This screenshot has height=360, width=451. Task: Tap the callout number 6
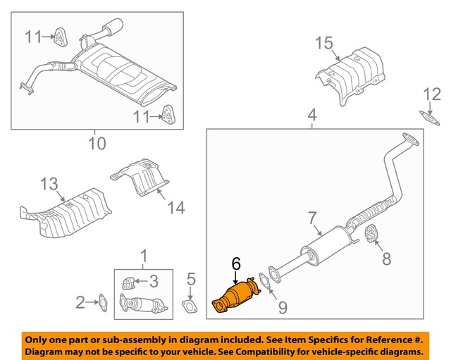pyautogui.click(x=236, y=263)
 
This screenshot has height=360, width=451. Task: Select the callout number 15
pyautogui.click(x=323, y=44)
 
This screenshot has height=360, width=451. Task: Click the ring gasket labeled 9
pyautogui.click(x=262, y=282)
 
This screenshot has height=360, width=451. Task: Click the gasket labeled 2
pyautogui.click(x=101, y=303)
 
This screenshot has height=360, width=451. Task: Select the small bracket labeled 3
pyautogui.click(x=128, y=283)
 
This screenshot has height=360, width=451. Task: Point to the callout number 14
pyautogui.click(x=176, y=207)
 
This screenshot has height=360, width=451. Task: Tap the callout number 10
pyautogui.click(x=97, y=144)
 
